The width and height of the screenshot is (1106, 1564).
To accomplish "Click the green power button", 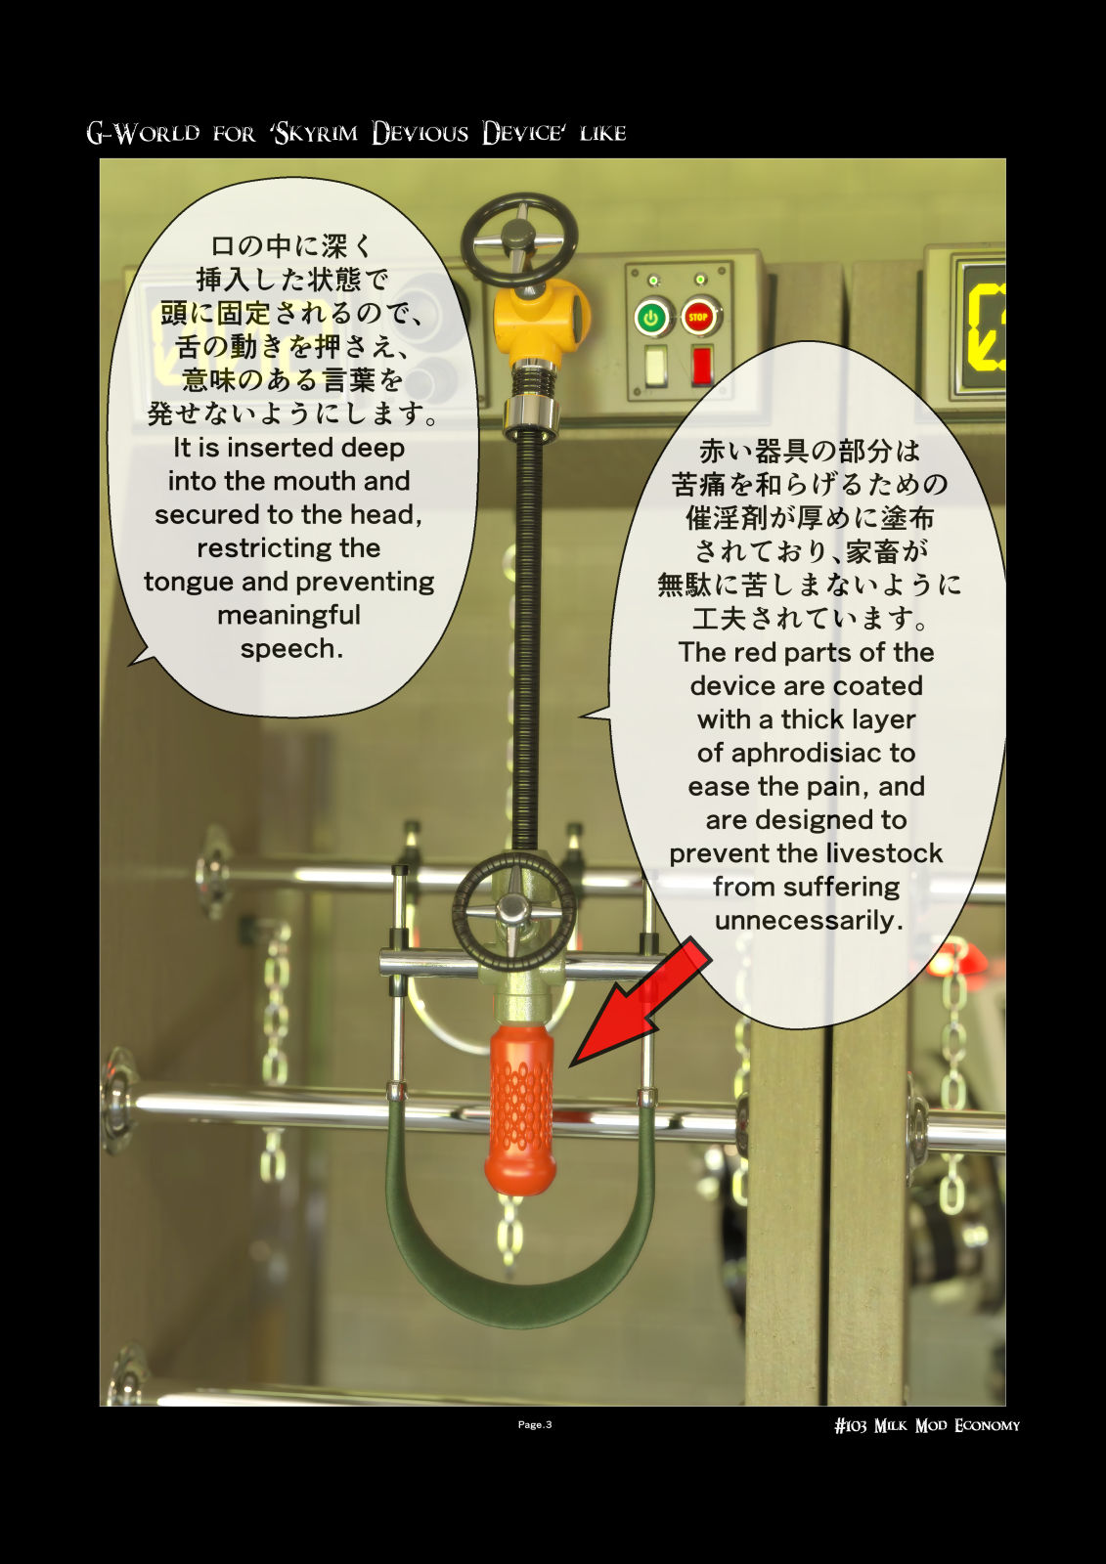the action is click(652, 319).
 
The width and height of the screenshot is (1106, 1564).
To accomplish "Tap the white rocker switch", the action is click(654, 366).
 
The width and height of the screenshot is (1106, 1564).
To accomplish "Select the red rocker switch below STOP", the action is click(701, 366).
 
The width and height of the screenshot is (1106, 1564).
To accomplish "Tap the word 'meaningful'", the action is click(288, 615).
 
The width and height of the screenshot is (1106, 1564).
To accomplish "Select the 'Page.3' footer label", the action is click(535, 1424).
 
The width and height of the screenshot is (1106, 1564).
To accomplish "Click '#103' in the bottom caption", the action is click(851, 1425).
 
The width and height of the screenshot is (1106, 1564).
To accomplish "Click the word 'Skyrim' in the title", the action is click(316, 133).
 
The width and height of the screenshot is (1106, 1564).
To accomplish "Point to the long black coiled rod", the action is click(529, 639).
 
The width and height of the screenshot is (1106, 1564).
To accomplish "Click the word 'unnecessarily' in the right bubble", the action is click(809, 921).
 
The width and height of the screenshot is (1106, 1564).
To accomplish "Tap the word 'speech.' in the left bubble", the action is click(291, 649).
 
